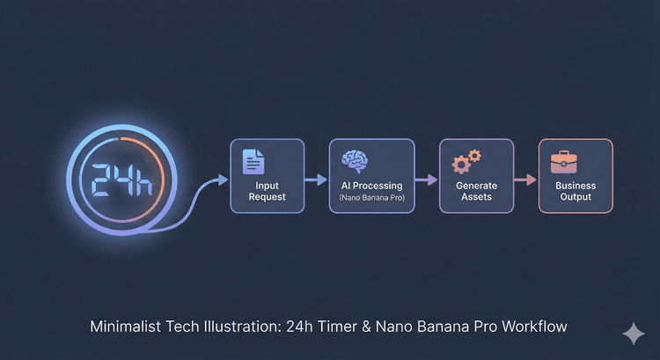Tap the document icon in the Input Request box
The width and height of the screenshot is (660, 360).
pos(254,161)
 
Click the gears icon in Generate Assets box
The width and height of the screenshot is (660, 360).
pos(466,161)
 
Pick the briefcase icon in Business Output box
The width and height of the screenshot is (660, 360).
pos(563,161)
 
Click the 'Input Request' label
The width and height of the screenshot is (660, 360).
pos(267,191)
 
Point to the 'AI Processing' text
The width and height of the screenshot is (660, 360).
pos(370,186)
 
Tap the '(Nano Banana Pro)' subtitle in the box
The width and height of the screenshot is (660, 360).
pos(370,200)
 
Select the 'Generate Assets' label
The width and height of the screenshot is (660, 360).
pos(476,191)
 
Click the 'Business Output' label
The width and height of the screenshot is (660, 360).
pos(576,191)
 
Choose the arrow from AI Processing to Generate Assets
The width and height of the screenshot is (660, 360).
pos(426,179)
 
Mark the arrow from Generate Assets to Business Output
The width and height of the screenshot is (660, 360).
pos(524,179)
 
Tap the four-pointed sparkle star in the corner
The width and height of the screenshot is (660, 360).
pos(633,334)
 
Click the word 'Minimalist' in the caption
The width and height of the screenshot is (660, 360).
pos(129,327)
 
